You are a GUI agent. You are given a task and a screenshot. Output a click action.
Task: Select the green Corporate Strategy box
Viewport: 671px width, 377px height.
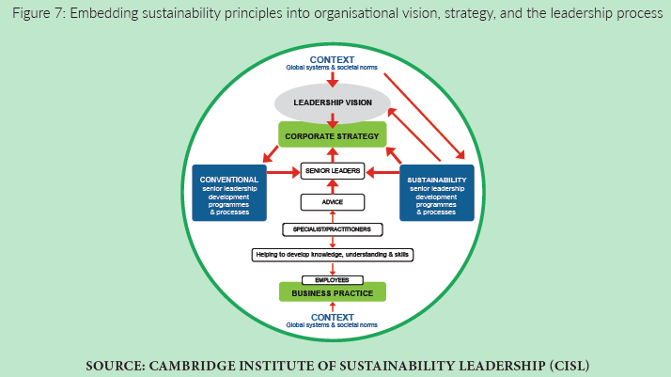(x=332, y=136)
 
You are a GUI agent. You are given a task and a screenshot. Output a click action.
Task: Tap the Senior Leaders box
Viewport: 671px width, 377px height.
(x=332, y=172)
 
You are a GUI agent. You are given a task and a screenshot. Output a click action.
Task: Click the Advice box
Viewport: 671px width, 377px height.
(x=332, y=201)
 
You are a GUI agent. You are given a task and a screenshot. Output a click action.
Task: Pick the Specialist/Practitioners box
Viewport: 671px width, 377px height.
(x=332, y=229)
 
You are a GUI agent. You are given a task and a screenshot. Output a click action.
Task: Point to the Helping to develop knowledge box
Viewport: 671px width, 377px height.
(x=332, y=255)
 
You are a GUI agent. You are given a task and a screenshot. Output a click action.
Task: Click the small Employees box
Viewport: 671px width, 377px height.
(x=332, y=280)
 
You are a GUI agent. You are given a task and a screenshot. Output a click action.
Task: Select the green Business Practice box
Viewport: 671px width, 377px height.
(x=332, y=293)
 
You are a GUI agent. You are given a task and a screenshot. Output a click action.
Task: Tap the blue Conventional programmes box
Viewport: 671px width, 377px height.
(x=228, y=193)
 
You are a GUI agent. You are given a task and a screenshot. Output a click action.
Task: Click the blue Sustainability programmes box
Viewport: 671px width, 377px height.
(x=436, y=193)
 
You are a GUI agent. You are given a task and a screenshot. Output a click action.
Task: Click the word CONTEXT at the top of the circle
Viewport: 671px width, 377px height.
(x=332, y=60)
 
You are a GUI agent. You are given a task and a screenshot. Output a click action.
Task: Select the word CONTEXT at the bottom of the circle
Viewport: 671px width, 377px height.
(x=332, y=317)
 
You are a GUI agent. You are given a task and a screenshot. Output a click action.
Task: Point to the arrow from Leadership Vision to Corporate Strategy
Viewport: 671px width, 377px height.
(x=332, y=120)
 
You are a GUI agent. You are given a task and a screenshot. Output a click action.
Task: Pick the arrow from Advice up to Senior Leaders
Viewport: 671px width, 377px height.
(x=332, y=187)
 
